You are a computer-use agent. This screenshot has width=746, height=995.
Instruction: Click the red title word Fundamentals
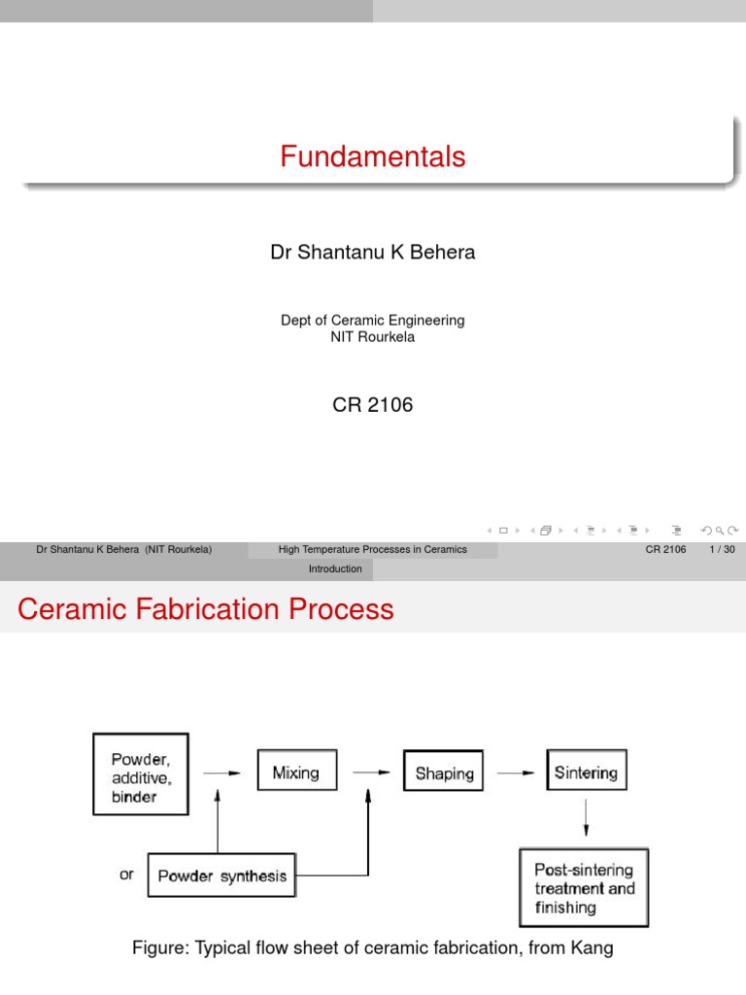[373, 156]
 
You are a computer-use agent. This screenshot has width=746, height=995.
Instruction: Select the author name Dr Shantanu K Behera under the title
[373, 253]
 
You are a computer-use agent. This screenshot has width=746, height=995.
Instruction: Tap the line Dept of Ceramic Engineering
[373, 320]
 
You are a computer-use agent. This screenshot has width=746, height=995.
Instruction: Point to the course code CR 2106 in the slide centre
[373, 405]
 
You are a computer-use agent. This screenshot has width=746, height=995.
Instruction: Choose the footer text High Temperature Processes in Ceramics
[373, 549]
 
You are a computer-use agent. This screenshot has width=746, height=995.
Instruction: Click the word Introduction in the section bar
[335, 568]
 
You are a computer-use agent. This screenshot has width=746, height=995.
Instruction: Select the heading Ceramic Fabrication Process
[206, 609]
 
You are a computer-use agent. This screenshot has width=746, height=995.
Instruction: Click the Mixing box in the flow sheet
[296, 773]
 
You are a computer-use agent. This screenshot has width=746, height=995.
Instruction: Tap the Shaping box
[445, 773]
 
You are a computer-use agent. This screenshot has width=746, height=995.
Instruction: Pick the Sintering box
[586, 772]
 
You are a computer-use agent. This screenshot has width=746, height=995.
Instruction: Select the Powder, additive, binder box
[140, 773]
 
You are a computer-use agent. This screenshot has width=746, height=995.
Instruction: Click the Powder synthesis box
[221, 875]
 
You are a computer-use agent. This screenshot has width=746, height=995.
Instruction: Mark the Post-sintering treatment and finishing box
[584, 888]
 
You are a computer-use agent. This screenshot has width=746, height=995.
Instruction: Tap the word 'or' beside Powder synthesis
[127, 875]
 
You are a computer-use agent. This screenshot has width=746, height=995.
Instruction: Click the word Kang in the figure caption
[593, 948]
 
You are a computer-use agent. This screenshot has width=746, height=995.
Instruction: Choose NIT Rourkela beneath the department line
[373, 336]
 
